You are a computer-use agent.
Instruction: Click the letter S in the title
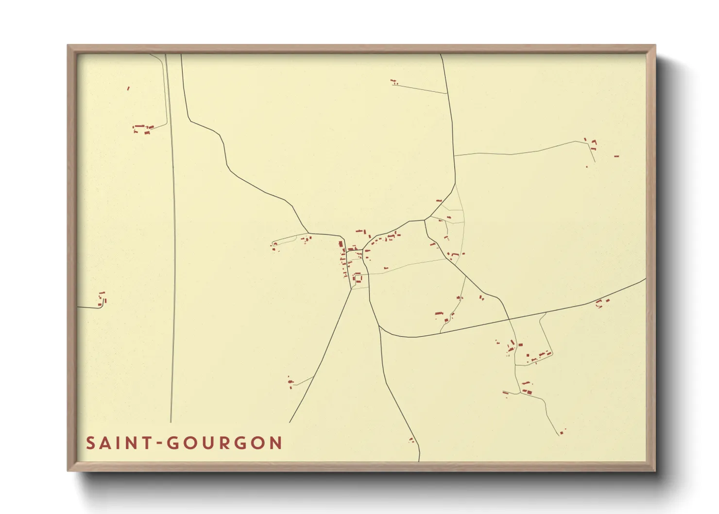point(91,443)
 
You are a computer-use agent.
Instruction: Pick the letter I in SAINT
point(117,443)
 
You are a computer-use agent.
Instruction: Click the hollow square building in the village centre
point(358,278)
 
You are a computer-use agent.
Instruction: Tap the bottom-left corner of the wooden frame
point(68,470)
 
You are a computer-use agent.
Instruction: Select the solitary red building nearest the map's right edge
point(616,156)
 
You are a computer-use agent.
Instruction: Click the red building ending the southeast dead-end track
point(562,432)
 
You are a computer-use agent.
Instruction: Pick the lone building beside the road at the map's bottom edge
point(411,440)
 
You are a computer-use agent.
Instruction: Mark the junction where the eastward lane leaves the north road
point(454,155)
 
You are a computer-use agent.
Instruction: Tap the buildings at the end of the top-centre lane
point(394,82)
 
